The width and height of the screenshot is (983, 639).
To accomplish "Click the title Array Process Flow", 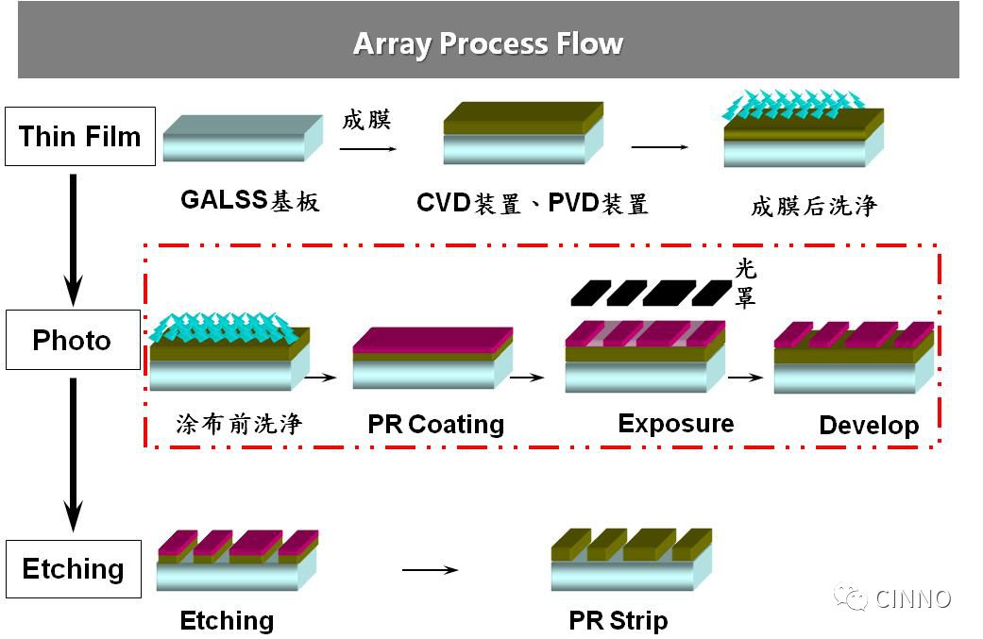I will [488, 44].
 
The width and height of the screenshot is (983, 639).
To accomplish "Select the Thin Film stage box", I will [80, 137].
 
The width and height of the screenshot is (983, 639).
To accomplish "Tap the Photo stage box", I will [73, 340].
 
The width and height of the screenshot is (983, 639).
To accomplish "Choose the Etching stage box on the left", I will [74, 569].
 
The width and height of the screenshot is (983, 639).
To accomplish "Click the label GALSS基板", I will [250, 201].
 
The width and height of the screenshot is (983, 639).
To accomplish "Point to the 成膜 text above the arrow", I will [366, 120].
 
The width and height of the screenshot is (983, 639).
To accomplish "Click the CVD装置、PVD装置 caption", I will [533, 203].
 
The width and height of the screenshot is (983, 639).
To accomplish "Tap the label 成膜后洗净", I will [814, 206].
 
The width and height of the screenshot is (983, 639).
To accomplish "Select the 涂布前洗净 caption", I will [239, 424].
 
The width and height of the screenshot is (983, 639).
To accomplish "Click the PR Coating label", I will [435, 425].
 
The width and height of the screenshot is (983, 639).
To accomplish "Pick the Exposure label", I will [675, 423].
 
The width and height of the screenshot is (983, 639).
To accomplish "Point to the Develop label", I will [869, 425].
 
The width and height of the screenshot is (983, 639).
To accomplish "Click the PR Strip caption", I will [619, 621].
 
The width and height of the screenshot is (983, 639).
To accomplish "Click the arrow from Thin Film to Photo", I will [73, 236].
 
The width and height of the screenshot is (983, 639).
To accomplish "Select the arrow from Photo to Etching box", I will [73, 453].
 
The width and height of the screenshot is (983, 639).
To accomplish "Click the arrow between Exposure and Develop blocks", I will [746, 378].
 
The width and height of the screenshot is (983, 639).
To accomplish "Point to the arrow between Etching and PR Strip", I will [430, 570].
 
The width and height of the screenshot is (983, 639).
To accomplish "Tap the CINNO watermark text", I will [912, 598].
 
